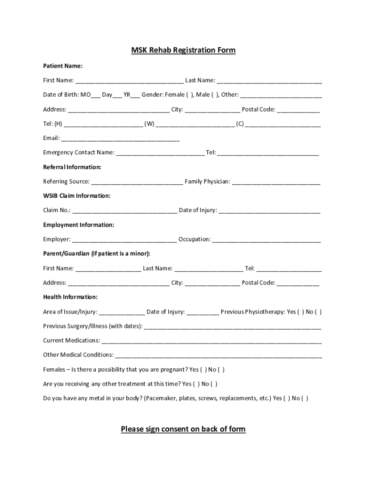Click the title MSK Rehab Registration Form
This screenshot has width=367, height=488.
pyautogui.click(x=183, y=50)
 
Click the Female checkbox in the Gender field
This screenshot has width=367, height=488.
pyautogui.click(x=190, y=95)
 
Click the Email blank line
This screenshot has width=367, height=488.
pyautogui.click(x=120, y=139)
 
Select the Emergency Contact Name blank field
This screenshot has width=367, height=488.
pyautogui.click(x=160, y=153)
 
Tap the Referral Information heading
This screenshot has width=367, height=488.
pyautogui.click(x=72, y=167)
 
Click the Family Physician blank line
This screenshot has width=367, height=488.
pyautogui.click(x=276, y=182)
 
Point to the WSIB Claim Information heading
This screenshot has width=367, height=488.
pyautogui.click(x=77, y=196)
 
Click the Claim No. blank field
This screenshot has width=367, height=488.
pyautogui.click(x=124, y=211)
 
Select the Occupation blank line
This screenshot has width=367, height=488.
pyautogui.click(x=266, y=240)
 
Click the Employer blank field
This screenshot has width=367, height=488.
pyautogui.click(x=124, y=240)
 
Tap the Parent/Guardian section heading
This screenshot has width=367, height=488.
pyautogui.click(x=96, y=254)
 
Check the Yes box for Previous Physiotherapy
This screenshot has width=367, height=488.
pyautogui.click(x=301, y=312)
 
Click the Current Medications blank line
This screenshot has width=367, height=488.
pyautogui.click(x=211, y=341)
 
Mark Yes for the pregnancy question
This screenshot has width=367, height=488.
pyautogui.click(x=203, y=370)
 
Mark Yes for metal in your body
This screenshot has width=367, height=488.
pyautogui.click(x=286, y=398)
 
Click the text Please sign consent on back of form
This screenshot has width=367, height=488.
pyautogui.click(x=183, y=429)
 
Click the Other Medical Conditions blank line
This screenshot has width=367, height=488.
pyautogui.click(x=218, y=356)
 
